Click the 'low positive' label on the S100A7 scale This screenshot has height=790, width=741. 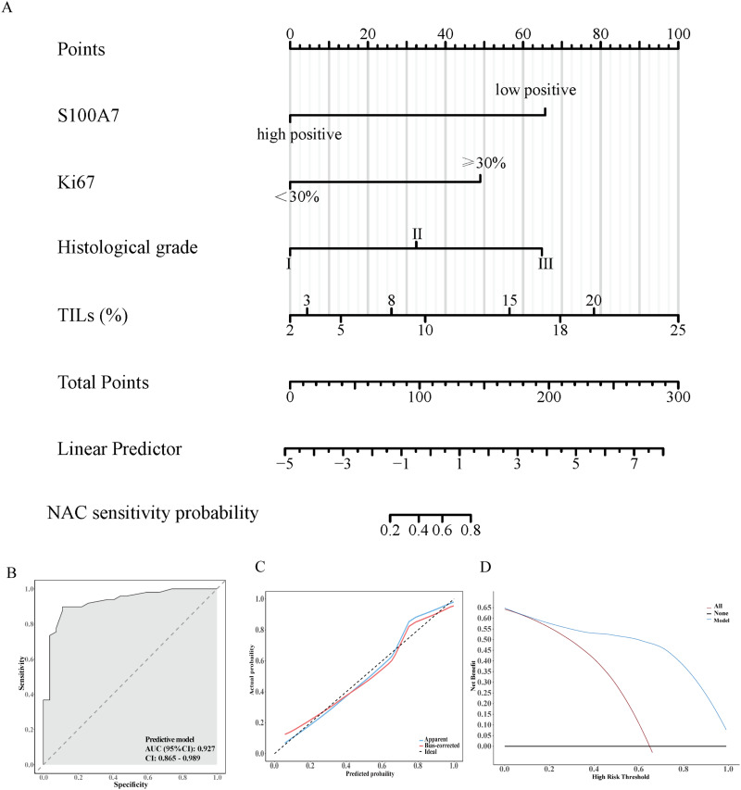pos(536,90)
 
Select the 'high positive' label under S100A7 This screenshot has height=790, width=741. pos(300,135)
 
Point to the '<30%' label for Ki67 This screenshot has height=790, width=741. pos(297,196)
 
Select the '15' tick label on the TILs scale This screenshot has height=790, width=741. pos(509,300)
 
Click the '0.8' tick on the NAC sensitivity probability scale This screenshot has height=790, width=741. pos(470,531)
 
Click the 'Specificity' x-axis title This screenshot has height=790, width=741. pos(130,784)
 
